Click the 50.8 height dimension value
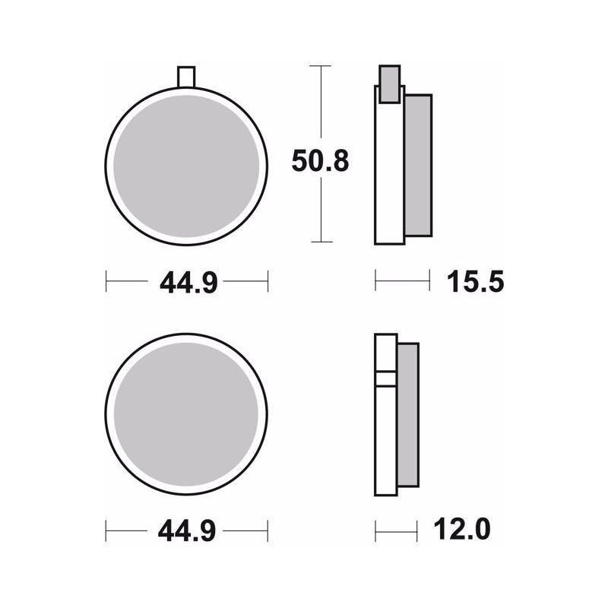click(320, 160)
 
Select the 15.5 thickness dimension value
click(476, 281)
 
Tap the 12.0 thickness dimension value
click(462, 529)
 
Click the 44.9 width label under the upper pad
click(188, 282)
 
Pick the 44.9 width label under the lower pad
click(187, 530)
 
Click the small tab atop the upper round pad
click(186, 77)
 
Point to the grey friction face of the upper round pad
click(186, 166)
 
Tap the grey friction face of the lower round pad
click(186, 414)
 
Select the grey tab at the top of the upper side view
click(389, 84)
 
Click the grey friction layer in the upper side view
click(418, 165)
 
